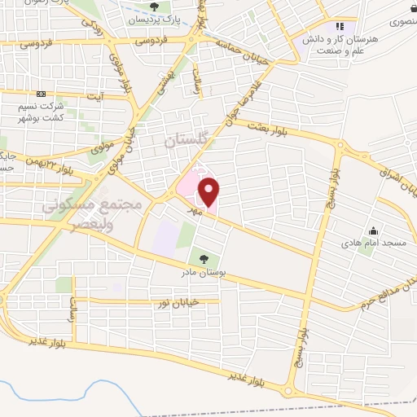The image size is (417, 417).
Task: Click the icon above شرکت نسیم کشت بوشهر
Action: (42, 94)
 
